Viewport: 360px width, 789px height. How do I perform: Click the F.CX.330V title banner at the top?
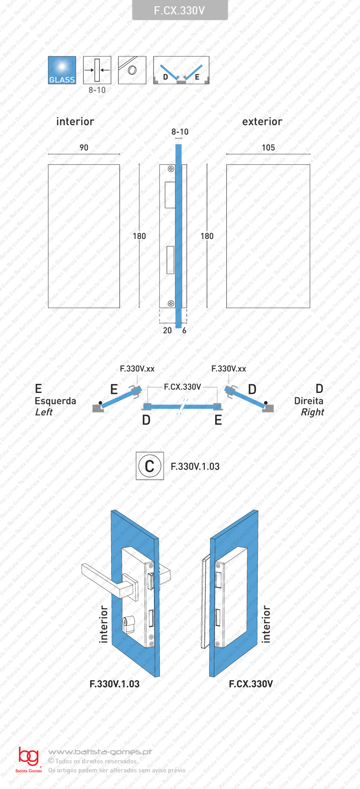click(x=180, y=10)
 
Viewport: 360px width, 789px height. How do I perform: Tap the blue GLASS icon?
click(x=62, y=70)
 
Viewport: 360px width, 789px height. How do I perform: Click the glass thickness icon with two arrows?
click(x=97, y=70)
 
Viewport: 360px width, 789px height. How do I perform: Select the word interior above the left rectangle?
click(x=75, y=122)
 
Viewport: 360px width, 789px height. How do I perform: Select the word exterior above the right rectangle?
click(x=262, y=122)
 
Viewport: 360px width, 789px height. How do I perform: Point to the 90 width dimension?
click(x=84, y=148)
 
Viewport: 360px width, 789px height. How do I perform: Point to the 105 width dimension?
click(x=268, y=148)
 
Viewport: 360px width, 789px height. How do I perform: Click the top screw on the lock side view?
click(x=171, y=169)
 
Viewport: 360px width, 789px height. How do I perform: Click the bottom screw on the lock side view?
click(x=171, y=303)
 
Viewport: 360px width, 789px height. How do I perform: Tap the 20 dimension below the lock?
click(x=167, y=330)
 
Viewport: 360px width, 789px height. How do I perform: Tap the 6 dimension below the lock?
click(x=184, y=330)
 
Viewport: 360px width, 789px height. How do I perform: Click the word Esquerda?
click(x=55, y=401)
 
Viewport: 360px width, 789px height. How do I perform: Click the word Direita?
click(x=309, y=401)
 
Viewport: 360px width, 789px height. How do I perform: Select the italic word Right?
click(x=312, y=412)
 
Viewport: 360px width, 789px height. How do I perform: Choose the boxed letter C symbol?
click(x=150, y=466)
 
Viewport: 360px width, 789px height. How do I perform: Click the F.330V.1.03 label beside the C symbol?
click(x=195, y=467)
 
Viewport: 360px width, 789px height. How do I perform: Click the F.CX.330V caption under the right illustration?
click(x=251, y=684)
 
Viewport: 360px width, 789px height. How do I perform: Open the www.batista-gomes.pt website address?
click(x=100, y=752)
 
